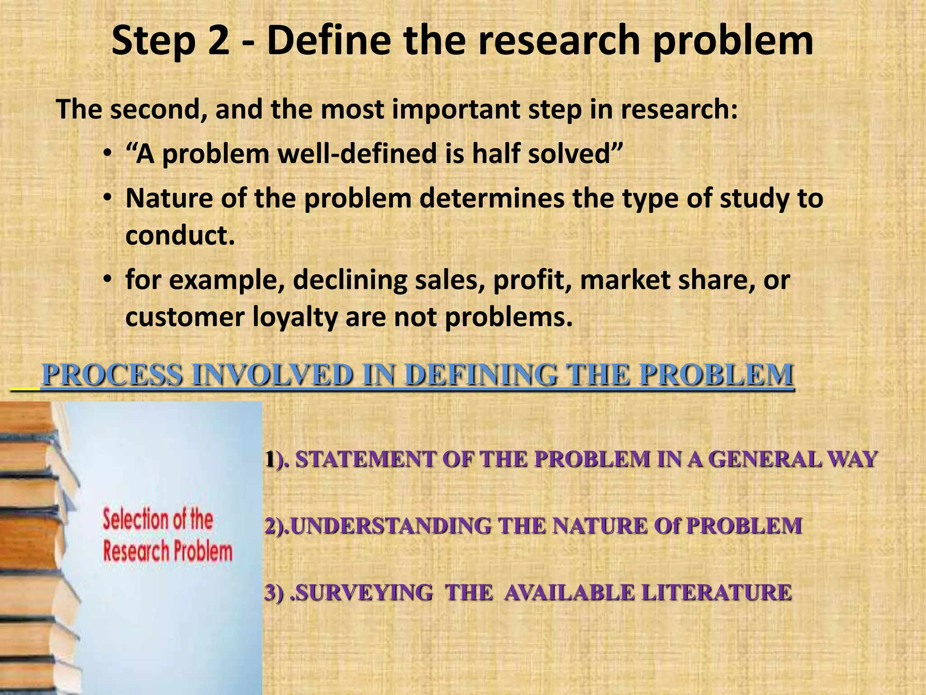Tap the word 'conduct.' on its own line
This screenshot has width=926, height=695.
[x=180, y=235]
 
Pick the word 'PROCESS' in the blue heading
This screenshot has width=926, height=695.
[x=113, y=375]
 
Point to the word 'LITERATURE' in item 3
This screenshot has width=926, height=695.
[x=716, y=593]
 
